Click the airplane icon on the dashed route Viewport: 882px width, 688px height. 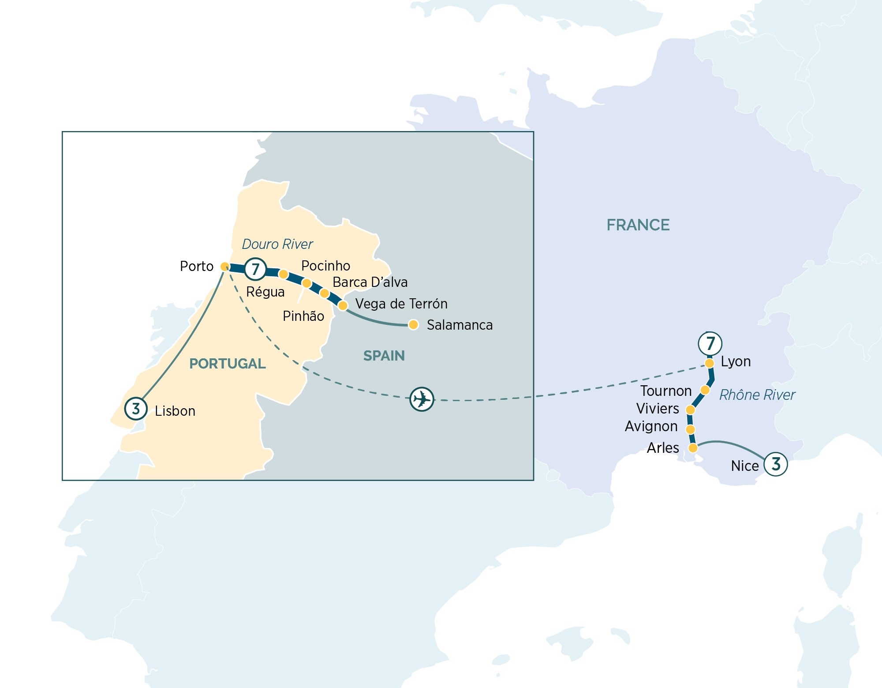click(x=422, y=399)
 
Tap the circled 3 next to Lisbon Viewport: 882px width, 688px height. click(x=136, y=409)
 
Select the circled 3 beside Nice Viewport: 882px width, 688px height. click(x=776, y=464)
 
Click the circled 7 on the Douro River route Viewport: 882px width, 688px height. click(x=255, y=269)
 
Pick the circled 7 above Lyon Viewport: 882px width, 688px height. click(x=710, y=343)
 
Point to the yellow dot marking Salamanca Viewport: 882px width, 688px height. click(x=413, y=325)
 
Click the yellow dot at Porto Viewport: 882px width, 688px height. click(x=224, y=267)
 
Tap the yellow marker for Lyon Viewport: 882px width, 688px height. click(x=709, y=363)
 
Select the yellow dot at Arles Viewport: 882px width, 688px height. click(x=693, y=448)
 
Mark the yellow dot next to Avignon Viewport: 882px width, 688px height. click(x=691, y=429)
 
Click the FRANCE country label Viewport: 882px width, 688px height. click(x=638, y=225)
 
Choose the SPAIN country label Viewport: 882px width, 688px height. click(x=384, y=356)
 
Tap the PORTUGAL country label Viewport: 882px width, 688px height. click(x=228, y=364)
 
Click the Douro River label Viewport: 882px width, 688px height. click(x=277, y=244)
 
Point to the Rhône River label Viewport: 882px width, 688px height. click(x=757, y=395)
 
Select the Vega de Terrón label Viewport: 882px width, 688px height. click(x=401, y=304)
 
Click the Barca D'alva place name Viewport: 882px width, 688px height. click(x=370, y=282)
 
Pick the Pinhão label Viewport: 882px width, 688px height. click(x=303, y=316)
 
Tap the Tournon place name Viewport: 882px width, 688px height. click(x=666, y=391)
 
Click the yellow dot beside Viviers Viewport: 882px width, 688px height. click(x=690, y=410)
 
